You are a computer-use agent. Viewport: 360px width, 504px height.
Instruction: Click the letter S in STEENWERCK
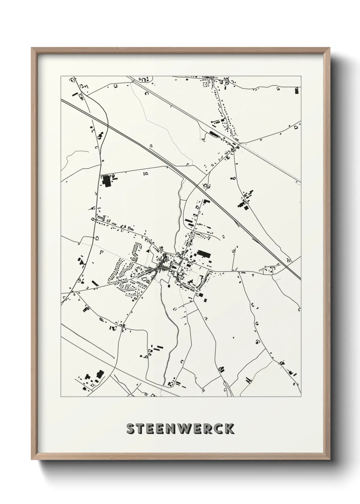(x=131, y=429)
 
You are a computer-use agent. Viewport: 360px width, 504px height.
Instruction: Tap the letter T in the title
(x=142, y=429)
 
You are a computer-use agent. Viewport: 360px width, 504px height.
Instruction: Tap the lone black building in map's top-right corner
(x=297, y=90)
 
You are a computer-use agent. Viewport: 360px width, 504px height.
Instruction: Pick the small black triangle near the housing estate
(x=147, y=250)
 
